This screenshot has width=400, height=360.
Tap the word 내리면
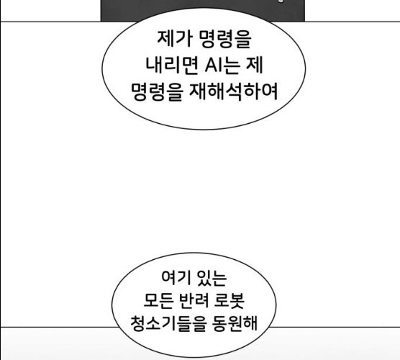point(172,65)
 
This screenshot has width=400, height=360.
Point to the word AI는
point(222,66)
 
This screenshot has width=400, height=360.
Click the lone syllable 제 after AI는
point(254,65)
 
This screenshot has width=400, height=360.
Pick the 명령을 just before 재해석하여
point(157,92)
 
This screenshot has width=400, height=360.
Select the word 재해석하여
point(233,91)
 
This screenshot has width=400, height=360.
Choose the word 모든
point(158,300)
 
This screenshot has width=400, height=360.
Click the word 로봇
point(229,300)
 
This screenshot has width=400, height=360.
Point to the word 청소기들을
point(168,324)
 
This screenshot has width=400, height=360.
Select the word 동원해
point(235,323)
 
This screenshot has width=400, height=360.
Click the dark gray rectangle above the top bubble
point(203,10)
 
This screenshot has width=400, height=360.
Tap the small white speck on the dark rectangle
point(281,1)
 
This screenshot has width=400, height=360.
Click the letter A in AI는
point(211,66)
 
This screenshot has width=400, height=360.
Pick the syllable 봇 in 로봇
point(237,300)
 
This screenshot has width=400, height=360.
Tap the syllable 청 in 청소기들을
point(138,324)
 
